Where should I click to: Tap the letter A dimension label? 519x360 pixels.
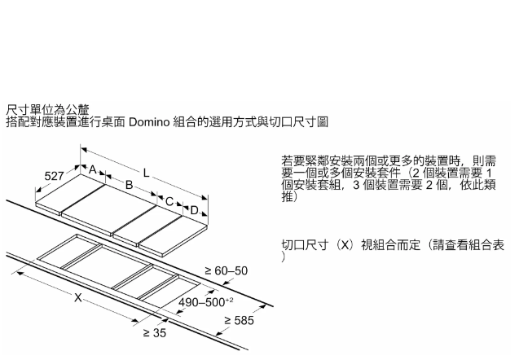pyautogui.click(x=93, y=169)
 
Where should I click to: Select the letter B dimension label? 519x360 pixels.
pyautogui.click(x=128, y=186)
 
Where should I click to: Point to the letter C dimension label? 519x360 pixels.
pyautogui.click(x=169, y=200)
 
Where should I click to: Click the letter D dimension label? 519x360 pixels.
pyautogui.click(x=194, y=210)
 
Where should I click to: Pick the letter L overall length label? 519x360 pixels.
pyautogui.click(x=146, y=173)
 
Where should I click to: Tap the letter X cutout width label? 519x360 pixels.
pyautogui.click(x=78, y=298)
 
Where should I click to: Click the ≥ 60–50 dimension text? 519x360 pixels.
pyautogui.click(x=226, y=270)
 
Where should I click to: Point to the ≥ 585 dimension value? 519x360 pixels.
pyautogui.click(x=239, y=321)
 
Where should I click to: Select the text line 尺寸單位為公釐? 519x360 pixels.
pyautogui.click(x=48, y=108)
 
